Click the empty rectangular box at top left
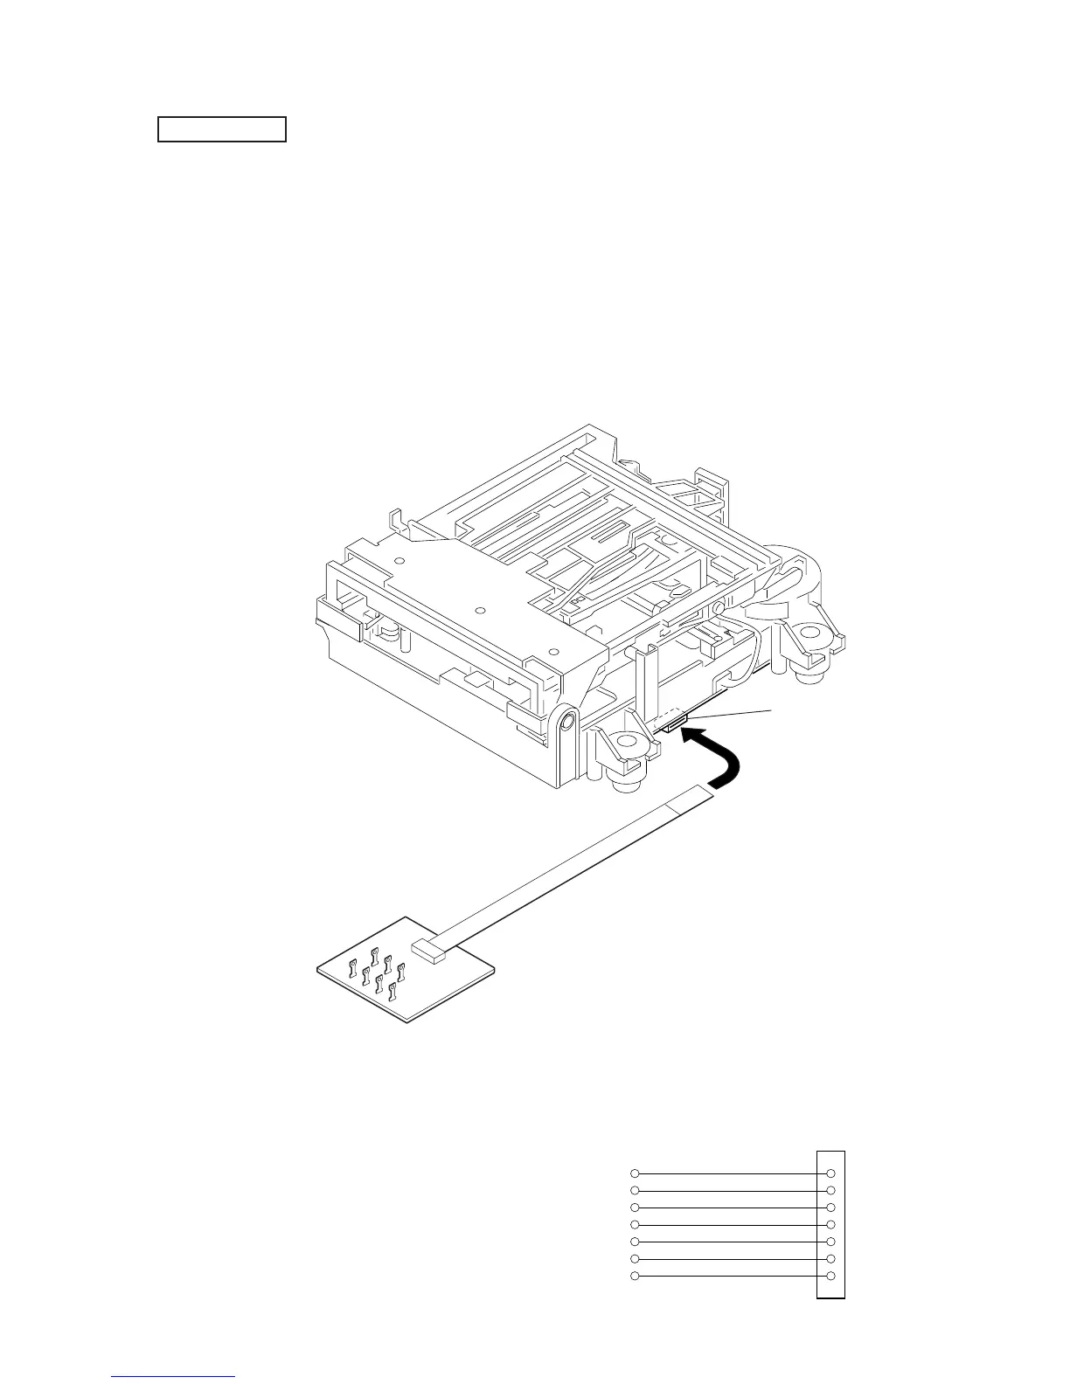(x=222, y=128)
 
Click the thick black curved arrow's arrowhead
(x=691, y=738)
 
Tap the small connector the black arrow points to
(x=675, y=722)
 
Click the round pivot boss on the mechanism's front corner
(x=566, y=721)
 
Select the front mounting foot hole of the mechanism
(x=625, y=744)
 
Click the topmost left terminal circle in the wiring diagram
(x=636, y=1173)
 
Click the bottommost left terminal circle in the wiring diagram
(x=636, y=1277)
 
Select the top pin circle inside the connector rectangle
(x=830, y=1173)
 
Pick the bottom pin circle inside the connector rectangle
(x=830, y=1277)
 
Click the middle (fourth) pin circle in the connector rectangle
(x=830, y=1225)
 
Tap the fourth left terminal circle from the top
(x=636, y=1225)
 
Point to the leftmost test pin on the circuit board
(x=351, y=967)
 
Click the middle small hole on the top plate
(x=479, y=609)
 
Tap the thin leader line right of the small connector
(x=730, y=714)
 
